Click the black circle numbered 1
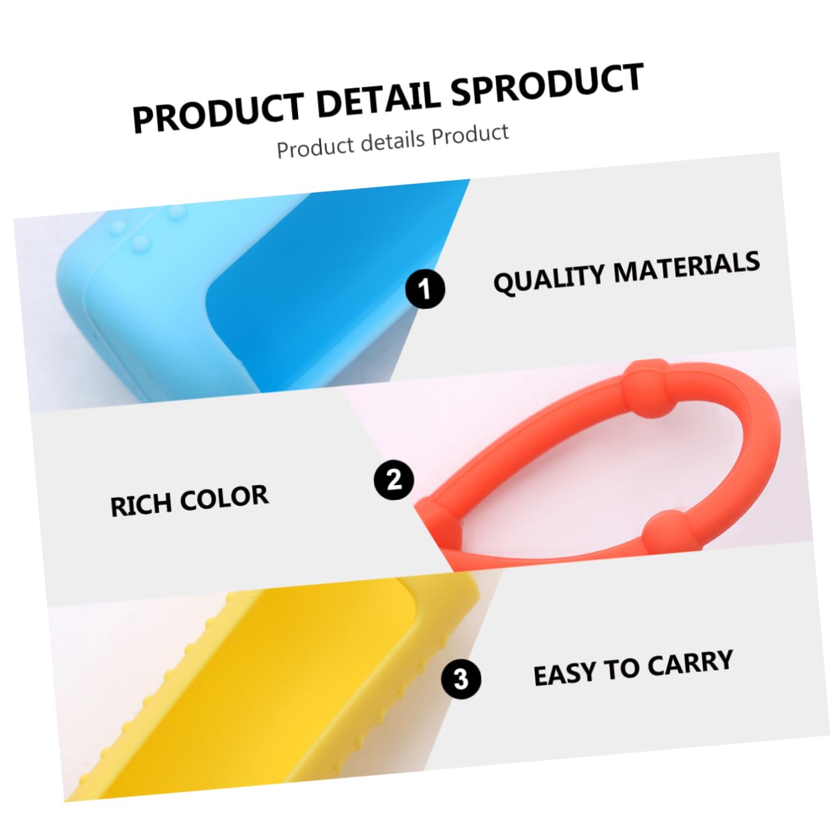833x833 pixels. (x=425, y=289)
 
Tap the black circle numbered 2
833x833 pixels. (x=394, y=479)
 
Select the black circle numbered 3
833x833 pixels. (x=461, y=678)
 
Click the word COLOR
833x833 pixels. (x=224, y=498)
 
